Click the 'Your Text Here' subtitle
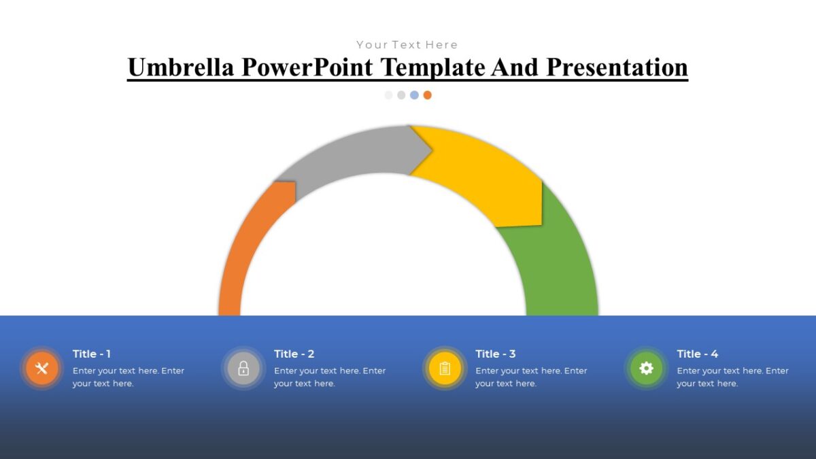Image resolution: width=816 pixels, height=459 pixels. (407, 45)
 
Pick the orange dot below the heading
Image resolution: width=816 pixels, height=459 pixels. (427, 95)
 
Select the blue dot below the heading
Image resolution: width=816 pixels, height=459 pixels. (414, 95)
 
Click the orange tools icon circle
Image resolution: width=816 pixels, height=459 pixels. (42, 369)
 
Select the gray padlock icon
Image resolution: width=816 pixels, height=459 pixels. (243, 369)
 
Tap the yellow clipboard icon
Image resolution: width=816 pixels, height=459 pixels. (445, 369)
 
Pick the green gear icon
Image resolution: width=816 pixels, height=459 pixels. (646, 369)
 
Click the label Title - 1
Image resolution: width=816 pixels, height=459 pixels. (92, 354)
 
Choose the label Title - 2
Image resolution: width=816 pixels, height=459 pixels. (294, 354)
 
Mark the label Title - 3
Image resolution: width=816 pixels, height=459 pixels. (495, 354)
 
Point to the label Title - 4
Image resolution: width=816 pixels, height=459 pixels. (697, 354)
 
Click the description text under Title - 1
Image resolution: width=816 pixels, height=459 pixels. (128, 377)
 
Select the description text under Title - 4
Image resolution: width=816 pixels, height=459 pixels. (732, 377)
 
